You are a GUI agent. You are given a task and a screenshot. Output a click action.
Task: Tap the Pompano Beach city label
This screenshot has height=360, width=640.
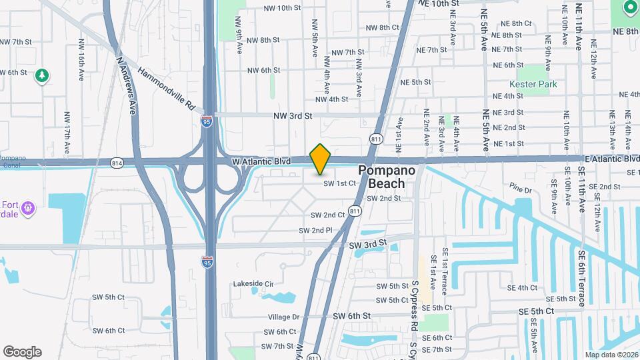click(387, 177)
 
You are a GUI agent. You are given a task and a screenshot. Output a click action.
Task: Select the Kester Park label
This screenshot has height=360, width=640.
click(533, 85)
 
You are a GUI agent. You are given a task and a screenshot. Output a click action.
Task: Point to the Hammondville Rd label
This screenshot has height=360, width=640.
click(166, 88)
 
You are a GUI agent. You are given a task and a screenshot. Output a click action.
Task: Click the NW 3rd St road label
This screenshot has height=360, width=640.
click(293, 115)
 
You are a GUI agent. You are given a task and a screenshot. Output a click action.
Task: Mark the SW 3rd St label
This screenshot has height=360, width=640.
click(367, 245)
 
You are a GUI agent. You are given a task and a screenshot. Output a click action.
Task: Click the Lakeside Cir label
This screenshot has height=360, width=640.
click(253, 283)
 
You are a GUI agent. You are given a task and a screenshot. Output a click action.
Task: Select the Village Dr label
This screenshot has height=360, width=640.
click(284, 317)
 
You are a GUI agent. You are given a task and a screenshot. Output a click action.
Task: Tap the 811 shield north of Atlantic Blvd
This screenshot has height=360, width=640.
click(376, 139)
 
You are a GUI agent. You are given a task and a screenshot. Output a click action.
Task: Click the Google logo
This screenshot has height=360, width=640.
click(22, 351)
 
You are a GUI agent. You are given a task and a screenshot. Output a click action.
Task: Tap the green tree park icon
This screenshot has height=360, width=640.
click(42, 76)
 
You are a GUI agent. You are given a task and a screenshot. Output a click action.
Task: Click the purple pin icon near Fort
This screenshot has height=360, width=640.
click(27, 209)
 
